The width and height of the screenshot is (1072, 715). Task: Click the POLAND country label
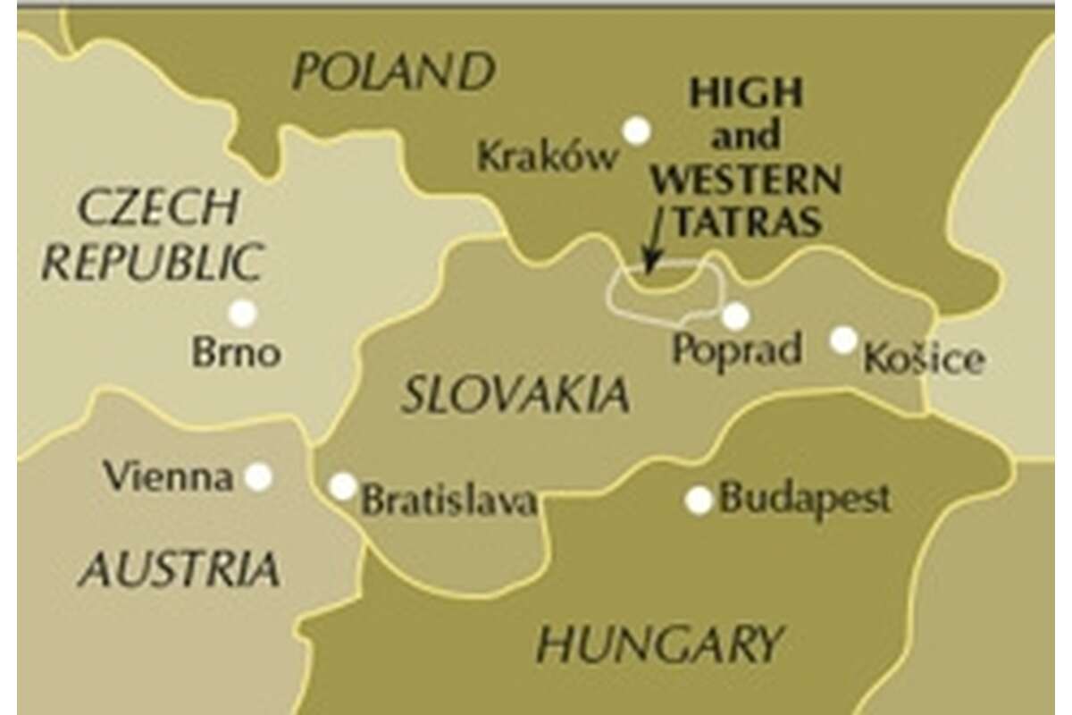[x=393, y=71]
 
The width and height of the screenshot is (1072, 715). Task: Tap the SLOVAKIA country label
[x=515, y=395]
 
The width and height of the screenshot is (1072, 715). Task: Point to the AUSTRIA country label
[x=178, y=569]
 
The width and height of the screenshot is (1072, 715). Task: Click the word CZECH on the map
[x=158, y=207]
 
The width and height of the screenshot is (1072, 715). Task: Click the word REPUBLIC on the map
[x=152, y=263]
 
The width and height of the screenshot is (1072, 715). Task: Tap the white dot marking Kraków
[x=636, y=131]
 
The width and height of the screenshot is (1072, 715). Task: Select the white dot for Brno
[x=242, y=314]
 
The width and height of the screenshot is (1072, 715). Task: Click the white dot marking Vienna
[x=258, y=476]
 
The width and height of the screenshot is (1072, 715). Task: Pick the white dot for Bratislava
[x=343, y=486]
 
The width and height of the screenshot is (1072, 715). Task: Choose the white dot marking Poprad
[x=735, y=316]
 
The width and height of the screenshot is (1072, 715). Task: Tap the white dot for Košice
[x=843, y=340]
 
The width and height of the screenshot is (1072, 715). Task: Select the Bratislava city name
[x=448, y=500]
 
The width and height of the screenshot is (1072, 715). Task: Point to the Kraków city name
[x=547, y=158]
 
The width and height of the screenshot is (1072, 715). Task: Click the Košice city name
[x=924, y=359]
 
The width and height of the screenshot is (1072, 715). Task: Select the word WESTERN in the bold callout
[x=745, y=180]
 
